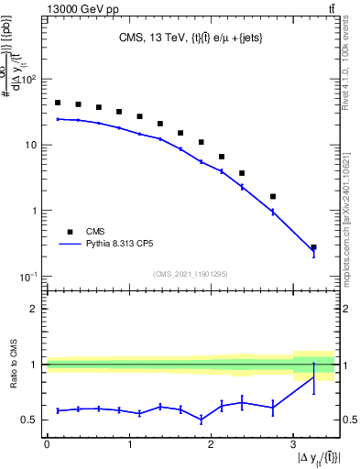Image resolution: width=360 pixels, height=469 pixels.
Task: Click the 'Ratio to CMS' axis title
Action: pyautogui.click(x=12, y=364)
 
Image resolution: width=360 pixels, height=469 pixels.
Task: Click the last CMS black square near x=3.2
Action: pyautogui.click(x=313, y=247)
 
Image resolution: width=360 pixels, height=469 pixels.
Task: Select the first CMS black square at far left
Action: pyautogui.click(x=58, y=103)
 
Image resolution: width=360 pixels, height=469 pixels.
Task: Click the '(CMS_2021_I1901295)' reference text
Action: pyautogui.click(x=190, y=274)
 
